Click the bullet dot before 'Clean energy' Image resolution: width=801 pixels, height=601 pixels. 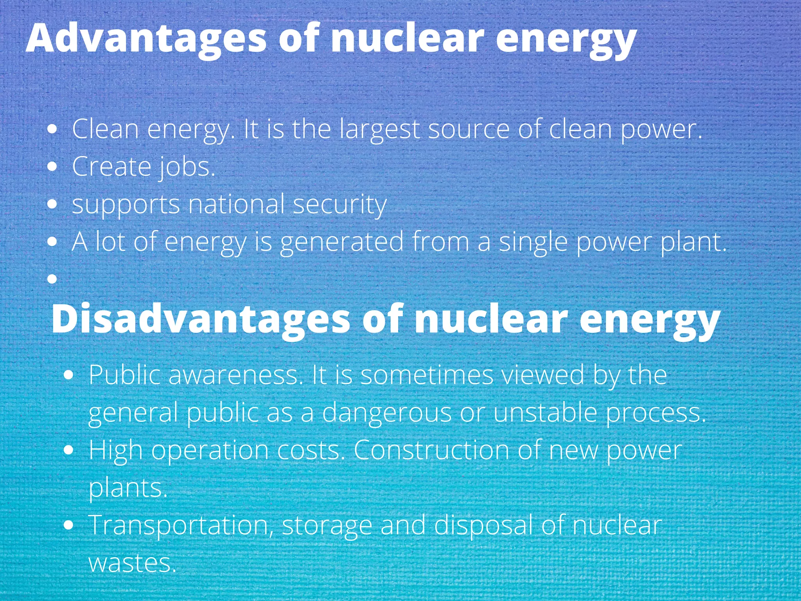click(52, 129)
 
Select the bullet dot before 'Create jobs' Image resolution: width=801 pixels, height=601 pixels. click(52, 167)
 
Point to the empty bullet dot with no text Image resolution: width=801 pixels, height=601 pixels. click(52, 279)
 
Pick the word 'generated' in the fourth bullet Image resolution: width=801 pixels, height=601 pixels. click(341, 242)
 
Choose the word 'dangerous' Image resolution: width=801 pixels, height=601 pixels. click(387, 413)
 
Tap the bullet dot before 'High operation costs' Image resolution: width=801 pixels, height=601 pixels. click(68, 450)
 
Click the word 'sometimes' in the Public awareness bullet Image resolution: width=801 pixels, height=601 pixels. click(427, 375)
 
